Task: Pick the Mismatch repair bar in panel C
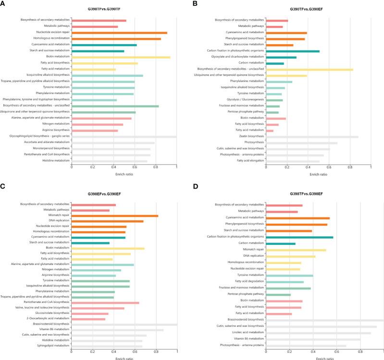click(115, 216)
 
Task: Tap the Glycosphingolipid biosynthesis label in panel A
click(41, 136)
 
